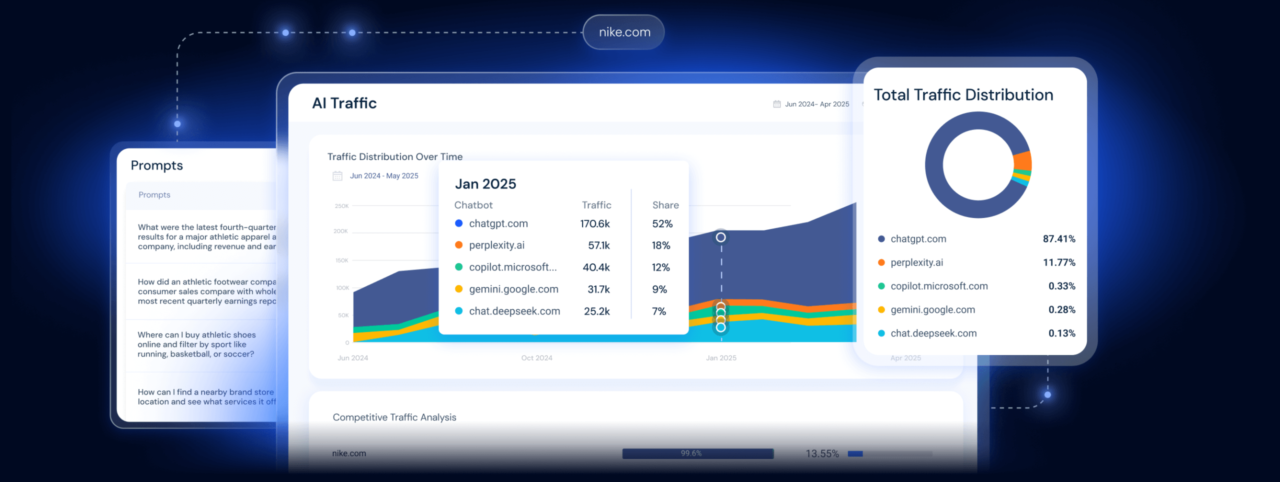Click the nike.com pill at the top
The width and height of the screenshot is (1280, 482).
pyautogui.click(x=623, y=32)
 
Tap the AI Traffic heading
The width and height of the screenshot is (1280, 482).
pyautogui.click(x=344, y=103)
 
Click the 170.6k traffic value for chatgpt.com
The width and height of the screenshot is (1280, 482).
pyautogui.click(x=594, y=223)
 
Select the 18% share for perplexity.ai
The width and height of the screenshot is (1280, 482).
pyautogui.click(x=660, y=245)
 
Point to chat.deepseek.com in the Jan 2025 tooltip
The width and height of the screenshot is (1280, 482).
pyautogui.click(x=514, y=311)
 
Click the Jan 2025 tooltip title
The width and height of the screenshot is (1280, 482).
pyautogui.click(x=485, y=184)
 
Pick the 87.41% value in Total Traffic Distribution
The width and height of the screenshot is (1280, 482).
pyautogui.click(x=1058, y=239)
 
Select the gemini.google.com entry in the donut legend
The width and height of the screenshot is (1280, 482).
pyautogui.click(x=932, y=309)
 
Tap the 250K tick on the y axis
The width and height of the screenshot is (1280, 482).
pyautogui.click(x=341, y=206)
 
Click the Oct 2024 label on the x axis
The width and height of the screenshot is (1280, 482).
pyautogui.click(x=536, y=358)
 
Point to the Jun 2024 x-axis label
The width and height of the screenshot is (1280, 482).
pyautogui.click(x=352, y=358)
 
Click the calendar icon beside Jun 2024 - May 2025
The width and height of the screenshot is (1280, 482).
pyautogui.click(x=337, y=176)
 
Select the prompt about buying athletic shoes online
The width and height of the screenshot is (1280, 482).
pyautogui.click(x=196, y=344)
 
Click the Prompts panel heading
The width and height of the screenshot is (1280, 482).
pyautogui.click(x=156, y=165)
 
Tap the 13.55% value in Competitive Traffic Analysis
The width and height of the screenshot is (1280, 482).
pyautogui.click(x=822, y=453)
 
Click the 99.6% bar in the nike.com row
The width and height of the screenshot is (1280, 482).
pyautogui.click(x=697, y=453)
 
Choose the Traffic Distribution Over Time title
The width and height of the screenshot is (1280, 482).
pyautogui.click(x=394, y=156)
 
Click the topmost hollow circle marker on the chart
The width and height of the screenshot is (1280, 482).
pyautogui.click(x=720, y=237)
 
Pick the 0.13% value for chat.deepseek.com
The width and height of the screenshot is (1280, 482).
pyautogui.click(x=1061, y=333)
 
